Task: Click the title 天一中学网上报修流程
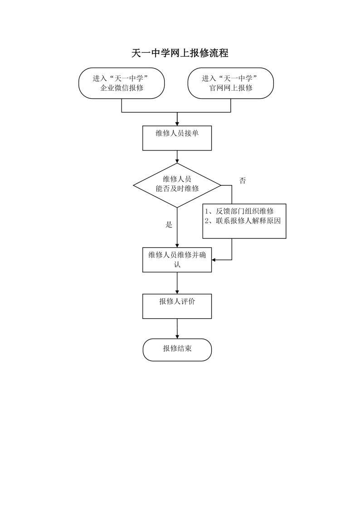tap(180, 53)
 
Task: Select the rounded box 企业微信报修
tap(122, 83)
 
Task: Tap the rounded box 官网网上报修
tap(230, 83)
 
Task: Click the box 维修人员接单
tap(177, 138)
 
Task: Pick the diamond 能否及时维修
tap(177, 185)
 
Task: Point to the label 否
tap(243, 180)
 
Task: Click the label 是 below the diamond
tap(169, 225)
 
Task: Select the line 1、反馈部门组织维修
tap(239, 211)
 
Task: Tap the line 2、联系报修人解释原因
tap(243, 221)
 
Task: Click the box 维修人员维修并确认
tap(177, 260)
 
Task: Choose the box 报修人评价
tap(177, 306)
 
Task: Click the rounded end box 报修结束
tap(177, 349)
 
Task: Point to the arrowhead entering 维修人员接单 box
tap(177, 123)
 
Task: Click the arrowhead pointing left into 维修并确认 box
tap(214, 260)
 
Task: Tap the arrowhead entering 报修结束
tap(177, 336)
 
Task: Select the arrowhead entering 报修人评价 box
tap(177, 291)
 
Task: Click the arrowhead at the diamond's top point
tap(177, 161)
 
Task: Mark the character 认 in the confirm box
tap(177, 264)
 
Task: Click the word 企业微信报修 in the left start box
tap(122, 87)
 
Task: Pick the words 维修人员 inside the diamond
tap(177, 179)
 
